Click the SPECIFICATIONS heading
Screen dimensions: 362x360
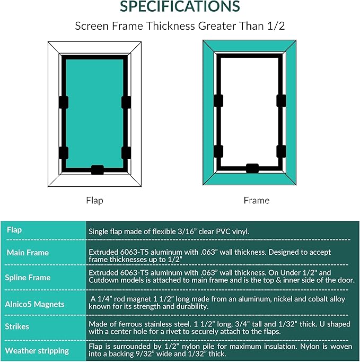pos(180,7)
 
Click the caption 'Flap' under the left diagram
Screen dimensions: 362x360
pos(94,201)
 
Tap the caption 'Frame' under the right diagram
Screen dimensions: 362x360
pos(257,201)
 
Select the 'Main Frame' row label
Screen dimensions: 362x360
pos(28,253)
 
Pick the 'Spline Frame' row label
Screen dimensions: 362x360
pos(28,278)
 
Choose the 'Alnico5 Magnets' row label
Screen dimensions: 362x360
pos(35,304)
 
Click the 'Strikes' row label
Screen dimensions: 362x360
pos(17,326)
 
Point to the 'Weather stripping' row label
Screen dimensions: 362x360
pos(37,351)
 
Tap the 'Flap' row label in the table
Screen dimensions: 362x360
pos(15,230)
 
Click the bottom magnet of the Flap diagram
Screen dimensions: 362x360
pos(97,170)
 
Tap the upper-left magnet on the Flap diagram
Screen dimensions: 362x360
pos(64,102)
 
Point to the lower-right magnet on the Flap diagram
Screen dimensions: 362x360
pos(126,153)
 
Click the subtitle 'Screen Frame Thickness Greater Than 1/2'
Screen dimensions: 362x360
pos(180,26)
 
